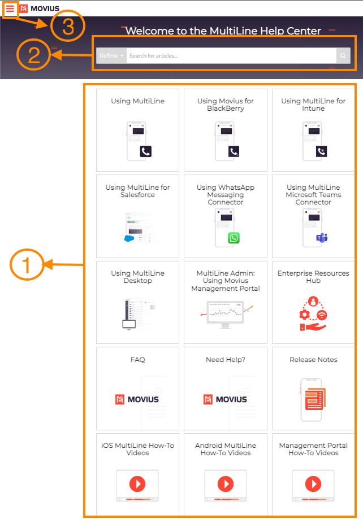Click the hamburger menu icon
[x=10, y=8]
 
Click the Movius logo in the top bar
[x=39, y=8]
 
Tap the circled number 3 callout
[x=67, y=26]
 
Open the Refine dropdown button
[x=111, y=56]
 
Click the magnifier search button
[x=343, y=56]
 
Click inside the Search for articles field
[x=226, y=56]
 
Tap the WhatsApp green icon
[x=234, y=238]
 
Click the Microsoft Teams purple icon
[x=322, y=238]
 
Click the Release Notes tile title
[x=313, y=360]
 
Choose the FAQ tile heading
[x=137, y=360]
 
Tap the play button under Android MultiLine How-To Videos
[x=225, y=484]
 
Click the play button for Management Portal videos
[x=313, y=484]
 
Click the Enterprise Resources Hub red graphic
[x=313, y=313]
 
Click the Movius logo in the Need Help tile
[x=225, y=399]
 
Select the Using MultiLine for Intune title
[x=313, y=104]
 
